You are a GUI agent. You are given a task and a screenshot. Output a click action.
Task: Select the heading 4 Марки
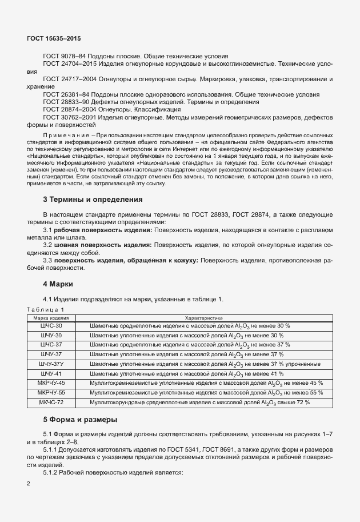click(61, 284)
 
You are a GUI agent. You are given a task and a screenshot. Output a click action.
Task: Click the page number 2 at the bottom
click(29, 484)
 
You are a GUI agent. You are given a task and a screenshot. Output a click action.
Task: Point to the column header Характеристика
click(203, 317)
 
